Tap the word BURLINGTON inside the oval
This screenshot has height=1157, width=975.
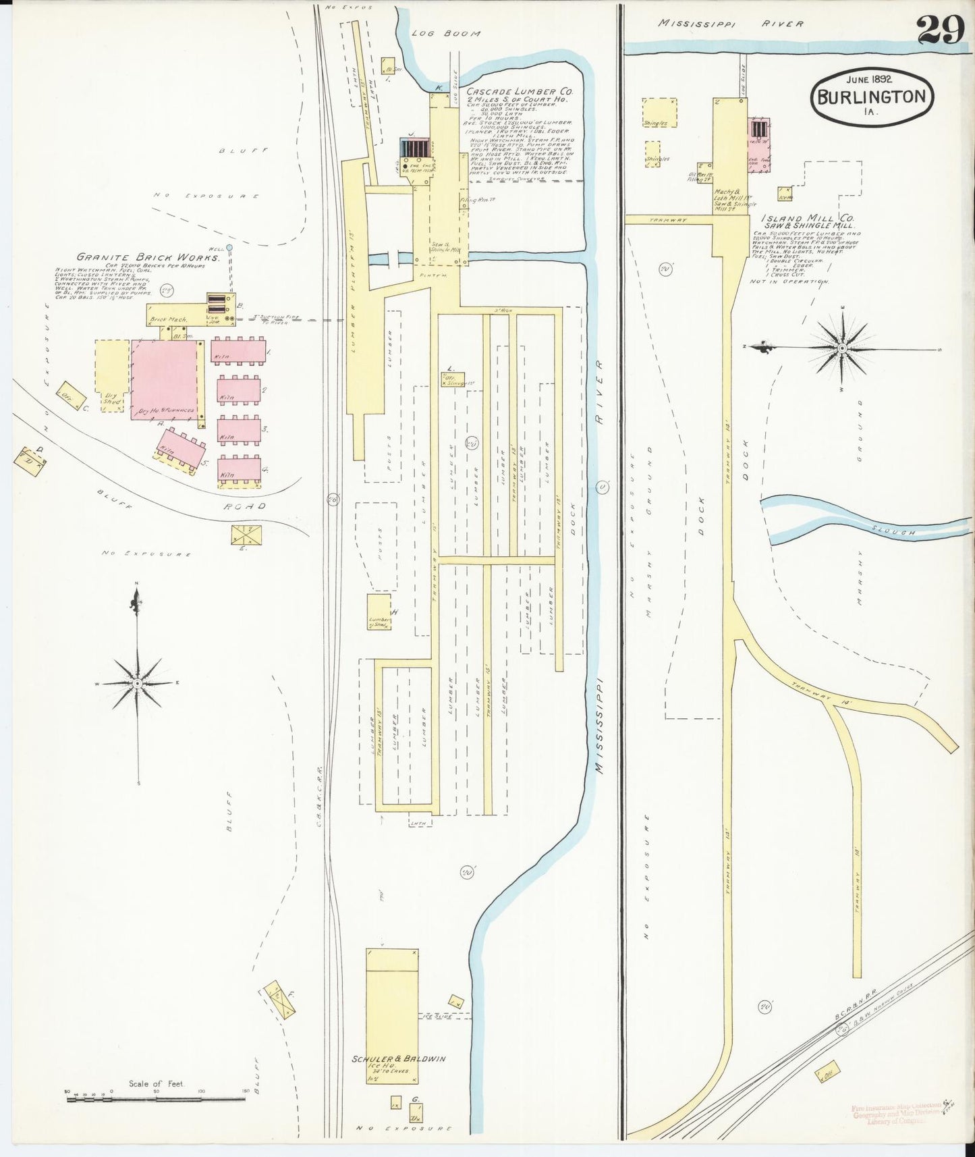coord(871,97)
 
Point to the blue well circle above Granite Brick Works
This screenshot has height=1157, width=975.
coord(229,248)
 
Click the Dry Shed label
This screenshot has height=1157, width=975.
coord(111,398)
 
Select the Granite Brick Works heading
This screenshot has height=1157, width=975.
coord(148,257)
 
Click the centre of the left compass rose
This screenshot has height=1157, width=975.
coord(138,684)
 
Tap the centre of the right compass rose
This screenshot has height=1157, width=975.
coord(842,348)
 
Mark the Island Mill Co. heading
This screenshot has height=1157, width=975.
coord(807,219)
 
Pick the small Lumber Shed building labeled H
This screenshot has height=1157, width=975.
coord(379,613)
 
